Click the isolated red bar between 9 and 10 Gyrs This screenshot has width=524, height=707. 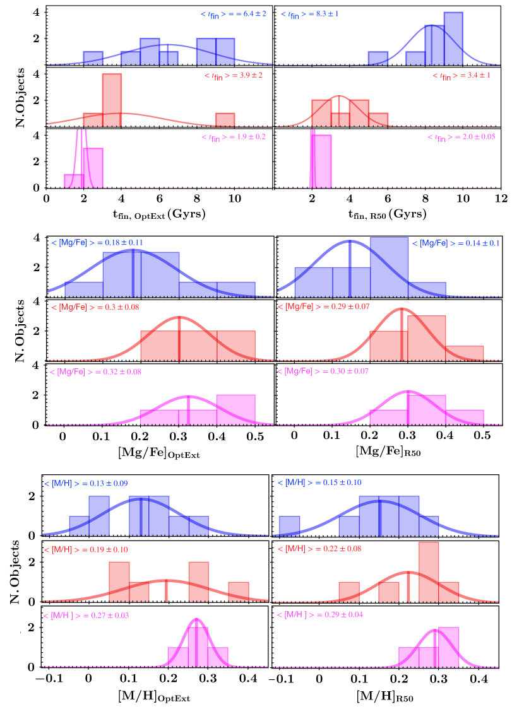(225, 119)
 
